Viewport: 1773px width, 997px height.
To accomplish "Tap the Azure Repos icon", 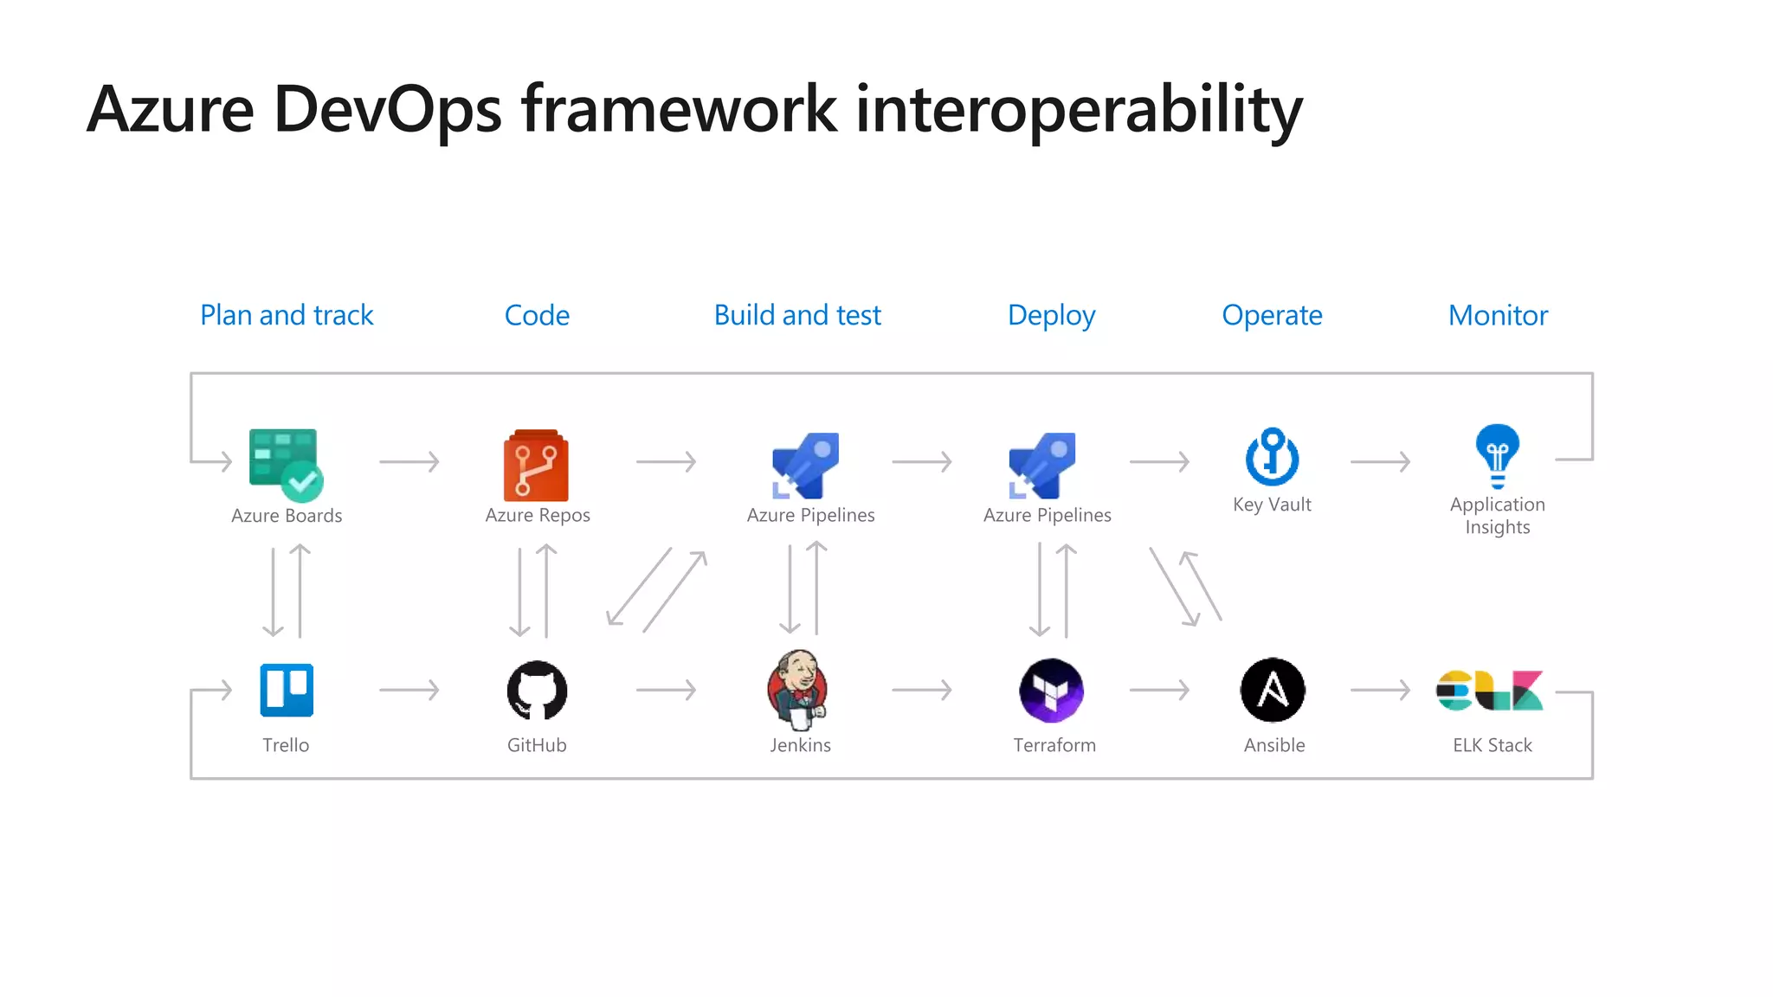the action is [x=536, y=465].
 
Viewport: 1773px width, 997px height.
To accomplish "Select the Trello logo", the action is [x=287, y=690].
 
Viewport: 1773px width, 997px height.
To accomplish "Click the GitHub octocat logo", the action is [x=537, y=691].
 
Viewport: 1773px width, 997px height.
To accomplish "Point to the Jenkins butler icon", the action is [x=797, y=688].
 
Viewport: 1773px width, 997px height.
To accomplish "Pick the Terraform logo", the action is [x=1052, y=691].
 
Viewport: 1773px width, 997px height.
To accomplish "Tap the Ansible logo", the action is [x=1273, y=690].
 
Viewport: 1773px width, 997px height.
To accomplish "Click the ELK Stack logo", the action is [x=1489, y=691].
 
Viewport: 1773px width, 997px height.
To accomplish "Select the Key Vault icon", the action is [x=1272, y=456].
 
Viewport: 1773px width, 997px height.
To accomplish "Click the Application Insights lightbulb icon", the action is [x=1498, y=456].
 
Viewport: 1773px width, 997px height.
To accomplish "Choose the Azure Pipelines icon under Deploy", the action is [x=1042, y=466].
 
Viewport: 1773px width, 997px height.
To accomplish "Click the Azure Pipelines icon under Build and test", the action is [x=806, y=466].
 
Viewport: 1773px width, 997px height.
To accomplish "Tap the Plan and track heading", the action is [x=287, y=315].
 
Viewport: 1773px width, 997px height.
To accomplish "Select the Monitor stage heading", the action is [x=1498, y=315].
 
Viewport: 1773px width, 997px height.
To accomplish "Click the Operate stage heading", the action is [x=1272, y=315].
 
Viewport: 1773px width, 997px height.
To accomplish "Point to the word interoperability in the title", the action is [x=1079, y=110].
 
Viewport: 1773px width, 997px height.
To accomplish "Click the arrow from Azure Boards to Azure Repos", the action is [x=409, y=462].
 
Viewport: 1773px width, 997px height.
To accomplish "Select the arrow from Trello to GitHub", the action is [x=409, y=690].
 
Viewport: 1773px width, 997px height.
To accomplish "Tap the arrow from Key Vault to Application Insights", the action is [x=1380, y=462].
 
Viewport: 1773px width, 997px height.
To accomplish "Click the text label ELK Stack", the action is [x=1493, y=745].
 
